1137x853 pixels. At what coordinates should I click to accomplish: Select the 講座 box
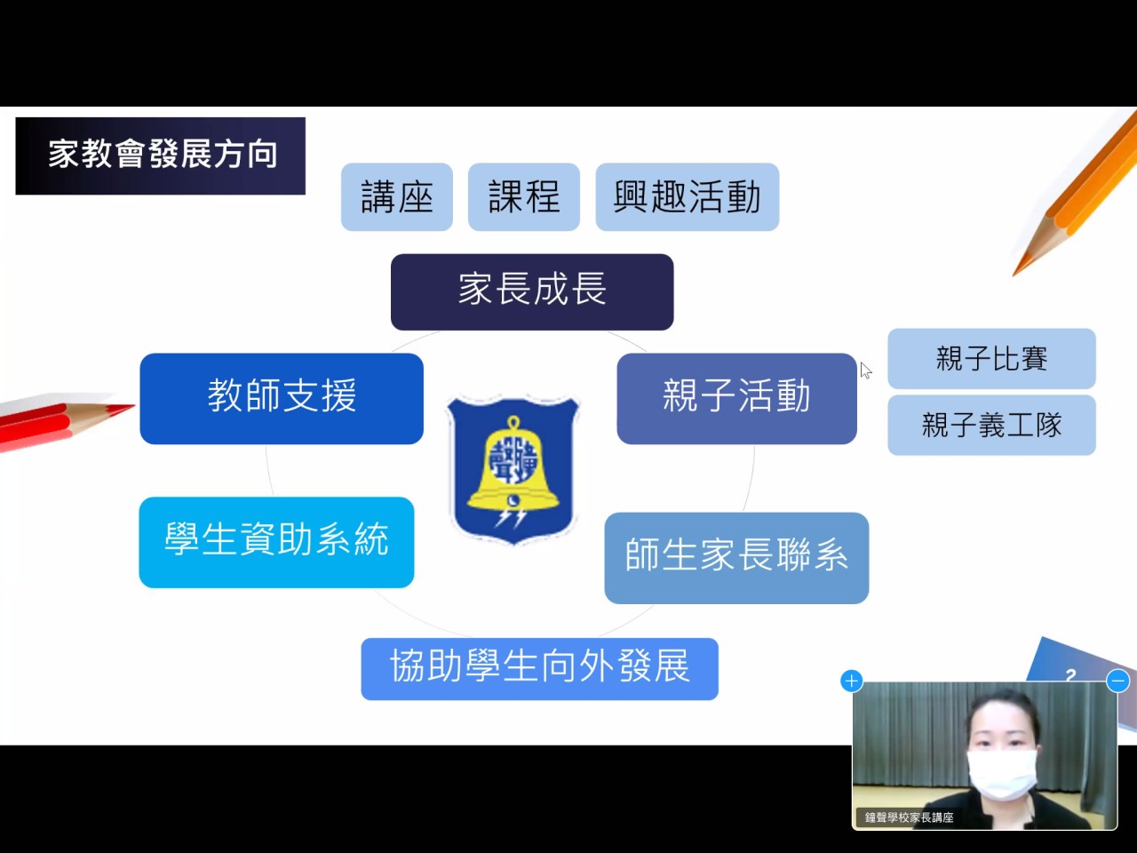[397, 196]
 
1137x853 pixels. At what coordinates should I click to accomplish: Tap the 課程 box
[524, 196]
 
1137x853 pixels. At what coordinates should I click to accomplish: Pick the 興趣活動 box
[688, 196]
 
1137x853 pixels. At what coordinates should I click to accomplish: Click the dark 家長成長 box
[532, 291]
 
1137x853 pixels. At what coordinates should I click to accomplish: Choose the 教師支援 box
[282, 398]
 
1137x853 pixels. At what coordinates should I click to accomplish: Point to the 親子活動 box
[736, 398]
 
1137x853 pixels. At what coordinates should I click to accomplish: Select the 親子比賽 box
[991, 358]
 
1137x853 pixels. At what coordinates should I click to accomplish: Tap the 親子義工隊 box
[991, 425]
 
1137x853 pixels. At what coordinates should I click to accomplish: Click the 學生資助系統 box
[276, 542]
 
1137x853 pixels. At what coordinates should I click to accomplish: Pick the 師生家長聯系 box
[736, 558]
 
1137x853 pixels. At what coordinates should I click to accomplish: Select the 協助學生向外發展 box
[540, 668]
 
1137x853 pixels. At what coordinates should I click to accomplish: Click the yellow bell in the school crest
[513, 466]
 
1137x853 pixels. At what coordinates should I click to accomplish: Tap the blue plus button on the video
[852, 681]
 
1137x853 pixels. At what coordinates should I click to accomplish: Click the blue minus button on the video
[1117, 681]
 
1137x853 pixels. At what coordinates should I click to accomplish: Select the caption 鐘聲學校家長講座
[909, 817]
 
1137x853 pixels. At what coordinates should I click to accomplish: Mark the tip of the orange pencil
[1014, 275]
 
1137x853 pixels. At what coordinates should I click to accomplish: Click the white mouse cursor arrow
[865, 370]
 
